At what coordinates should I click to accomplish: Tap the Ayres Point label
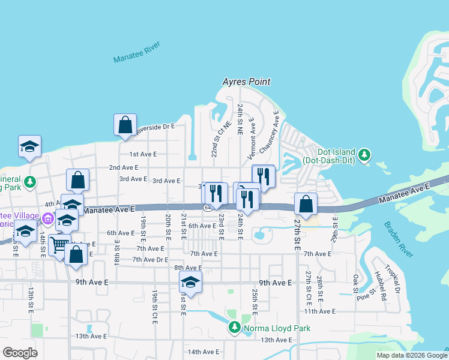[246, 82]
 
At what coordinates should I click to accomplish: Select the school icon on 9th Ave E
[190, 282]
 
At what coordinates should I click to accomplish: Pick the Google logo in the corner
[20, 353]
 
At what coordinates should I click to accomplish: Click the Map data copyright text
[412, 355]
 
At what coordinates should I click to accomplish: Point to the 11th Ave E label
[320, 311]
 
